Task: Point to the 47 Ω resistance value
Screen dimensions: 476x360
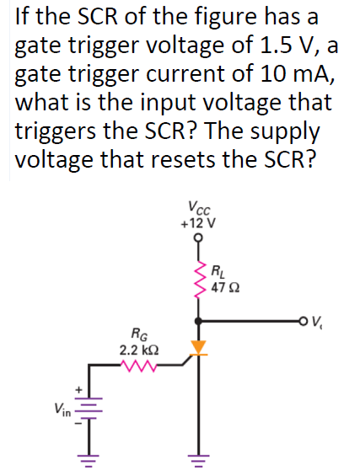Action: tap(225, 287)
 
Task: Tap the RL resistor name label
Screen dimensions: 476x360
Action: tap(218, 271)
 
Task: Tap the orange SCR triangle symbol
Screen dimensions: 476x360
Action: tap(199, 346)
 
